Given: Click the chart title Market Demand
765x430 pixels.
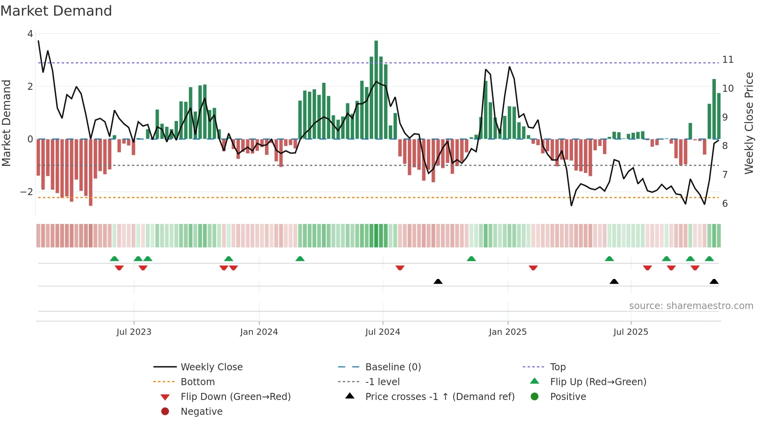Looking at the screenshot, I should pyautogui.click(x=56, y=11).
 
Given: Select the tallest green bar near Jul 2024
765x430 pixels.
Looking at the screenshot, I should pyautogui.click(x=376, y=90).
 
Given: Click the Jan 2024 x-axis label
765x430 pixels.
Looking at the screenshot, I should pyautogui.click(x=259, y=332).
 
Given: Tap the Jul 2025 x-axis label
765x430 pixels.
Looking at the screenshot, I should pyautogui.click(x=630, y=332).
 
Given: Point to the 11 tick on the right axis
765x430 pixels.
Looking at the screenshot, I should pyautogui.click(x=728, y=60).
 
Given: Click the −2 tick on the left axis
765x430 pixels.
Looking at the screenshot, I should pyautogui.click(x=27, y=192).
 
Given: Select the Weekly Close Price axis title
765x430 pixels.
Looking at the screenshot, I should pyautogui.click(x=749, y=123).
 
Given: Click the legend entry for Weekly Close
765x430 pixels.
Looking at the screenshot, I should pyautogui.click(x=211, y=367).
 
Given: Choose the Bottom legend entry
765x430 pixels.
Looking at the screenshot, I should pyautogui.click(x=197, y=382).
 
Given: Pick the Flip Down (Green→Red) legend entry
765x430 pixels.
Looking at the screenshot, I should pyautogui.click(x=235, y=397).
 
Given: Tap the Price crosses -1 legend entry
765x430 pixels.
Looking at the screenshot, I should pyautogui.click(x=439, y=397).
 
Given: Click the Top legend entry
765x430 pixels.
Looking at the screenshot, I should pyautogui.click(x=557, y=367).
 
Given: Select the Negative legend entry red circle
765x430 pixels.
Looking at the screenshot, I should pyautogui.click(x=165, y=412).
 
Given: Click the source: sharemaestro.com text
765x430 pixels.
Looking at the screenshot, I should pyautogui.click(x=691, y=306).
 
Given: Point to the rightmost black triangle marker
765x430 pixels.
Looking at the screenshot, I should pyautogui.click(x=714, y=282).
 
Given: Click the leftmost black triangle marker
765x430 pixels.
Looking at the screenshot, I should pyautogui.click(x=438, y=282).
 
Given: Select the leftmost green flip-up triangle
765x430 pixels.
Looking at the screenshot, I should pyautogui.click(x=114, y=259).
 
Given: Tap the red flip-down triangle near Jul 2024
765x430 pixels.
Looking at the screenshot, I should pyautogui.click(x=400, y=268).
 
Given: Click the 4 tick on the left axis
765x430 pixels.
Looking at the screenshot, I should pyautogui.click(x=30, y=34).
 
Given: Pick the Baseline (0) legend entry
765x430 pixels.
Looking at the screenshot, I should pyautogui.click(x=393, y=367).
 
